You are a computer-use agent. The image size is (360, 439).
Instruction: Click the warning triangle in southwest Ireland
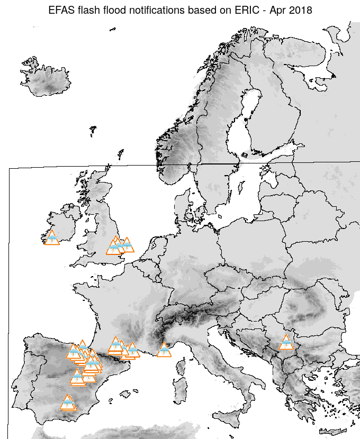52,238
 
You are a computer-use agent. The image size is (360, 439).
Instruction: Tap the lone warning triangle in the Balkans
286,343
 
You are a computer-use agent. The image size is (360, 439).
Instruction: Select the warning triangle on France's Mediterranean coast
164,350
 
